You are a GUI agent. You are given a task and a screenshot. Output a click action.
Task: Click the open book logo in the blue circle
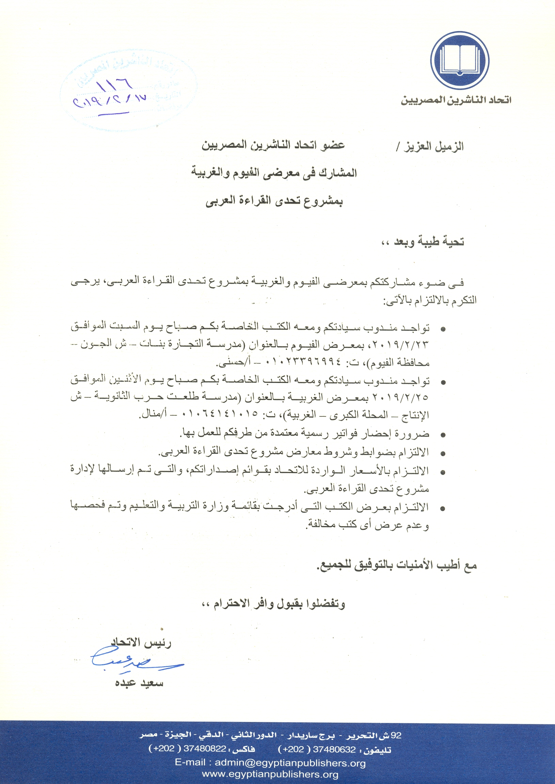(459, 60)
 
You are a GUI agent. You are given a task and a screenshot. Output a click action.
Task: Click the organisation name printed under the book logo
(456, 100)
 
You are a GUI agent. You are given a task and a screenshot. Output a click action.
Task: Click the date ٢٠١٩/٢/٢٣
(400, 345)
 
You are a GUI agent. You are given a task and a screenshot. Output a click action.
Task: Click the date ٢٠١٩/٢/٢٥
(400, 398)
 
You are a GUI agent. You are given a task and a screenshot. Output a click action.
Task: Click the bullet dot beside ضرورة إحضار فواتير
(443, 435)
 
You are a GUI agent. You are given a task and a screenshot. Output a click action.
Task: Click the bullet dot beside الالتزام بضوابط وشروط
(443, 454)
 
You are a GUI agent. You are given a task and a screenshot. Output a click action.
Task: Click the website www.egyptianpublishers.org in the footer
(270, 774)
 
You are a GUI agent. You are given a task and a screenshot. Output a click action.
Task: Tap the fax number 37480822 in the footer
(205, 749)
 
